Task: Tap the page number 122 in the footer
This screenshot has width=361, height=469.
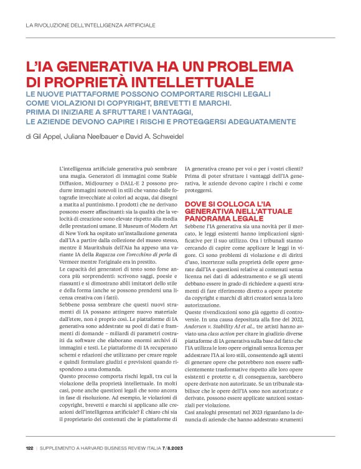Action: [x=29, y=447]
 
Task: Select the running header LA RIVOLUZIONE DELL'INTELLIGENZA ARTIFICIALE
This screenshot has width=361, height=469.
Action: [x=90, y=26]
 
